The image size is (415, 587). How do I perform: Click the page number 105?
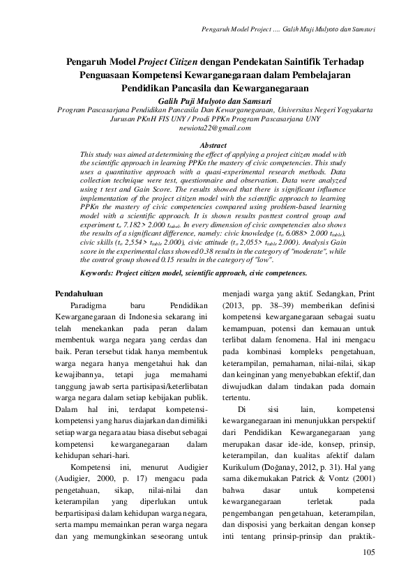pyautogui.click(x=369, y=552)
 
